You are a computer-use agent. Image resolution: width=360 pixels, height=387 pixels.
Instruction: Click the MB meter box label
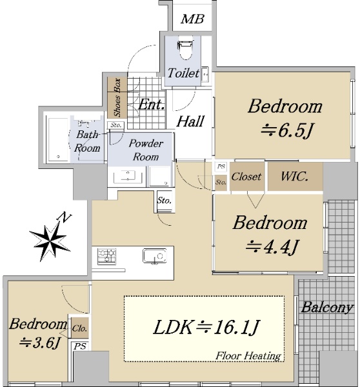pos(192,19)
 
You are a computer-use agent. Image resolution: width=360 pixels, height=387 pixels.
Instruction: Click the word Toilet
pos(183,73)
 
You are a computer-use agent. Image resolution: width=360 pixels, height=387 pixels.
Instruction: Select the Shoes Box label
pos(117,97)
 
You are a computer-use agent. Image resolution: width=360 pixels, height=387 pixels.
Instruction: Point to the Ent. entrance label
pos(152,104)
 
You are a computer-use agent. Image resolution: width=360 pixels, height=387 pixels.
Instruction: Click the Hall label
pos(190,121)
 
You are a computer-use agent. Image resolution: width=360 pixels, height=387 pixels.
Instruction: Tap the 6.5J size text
pos(287,130)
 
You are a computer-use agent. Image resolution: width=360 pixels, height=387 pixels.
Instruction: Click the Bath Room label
pos(87,141)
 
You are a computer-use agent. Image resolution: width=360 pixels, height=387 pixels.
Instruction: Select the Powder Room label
pos(146,150)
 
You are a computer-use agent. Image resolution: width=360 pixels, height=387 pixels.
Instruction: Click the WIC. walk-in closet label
pos(295,176)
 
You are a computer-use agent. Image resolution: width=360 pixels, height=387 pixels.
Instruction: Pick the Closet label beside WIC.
pos(246,177)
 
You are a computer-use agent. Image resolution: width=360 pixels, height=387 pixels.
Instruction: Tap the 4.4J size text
pos(272,247)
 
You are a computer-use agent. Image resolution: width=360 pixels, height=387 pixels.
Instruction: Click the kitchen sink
pos(155,256)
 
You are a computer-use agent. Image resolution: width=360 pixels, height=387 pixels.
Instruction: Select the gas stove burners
pos(106,256)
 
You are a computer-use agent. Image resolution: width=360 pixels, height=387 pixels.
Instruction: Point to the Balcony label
pos(327,308)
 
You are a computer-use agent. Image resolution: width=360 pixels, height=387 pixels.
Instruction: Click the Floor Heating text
pos(248,355)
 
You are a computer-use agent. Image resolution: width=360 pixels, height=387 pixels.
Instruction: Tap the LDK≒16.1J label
pos(206,327)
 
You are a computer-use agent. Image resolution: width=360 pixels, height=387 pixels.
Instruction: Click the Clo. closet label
pos(79,328)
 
